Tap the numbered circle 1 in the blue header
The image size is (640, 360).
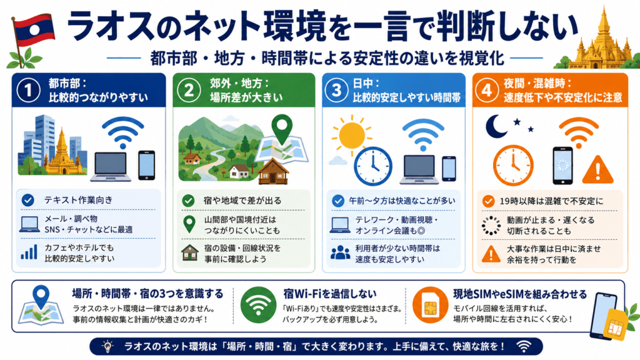click(x=28, y=90)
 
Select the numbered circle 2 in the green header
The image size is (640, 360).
click(x=189, y=90)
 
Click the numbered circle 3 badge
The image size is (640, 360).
click(x=336, y=90)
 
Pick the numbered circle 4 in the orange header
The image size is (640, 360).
click(x=487, y=90)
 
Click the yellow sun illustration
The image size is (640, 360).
click(x=351, y=134)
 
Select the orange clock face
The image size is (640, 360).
click(x=513, y=165)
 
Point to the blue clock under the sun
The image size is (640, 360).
click(x=372, y=166)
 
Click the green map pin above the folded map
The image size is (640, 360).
click(x=282, y=129)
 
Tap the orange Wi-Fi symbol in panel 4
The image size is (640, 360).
click(x=578, y=131)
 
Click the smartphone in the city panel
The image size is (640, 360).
click(x=146, y=165)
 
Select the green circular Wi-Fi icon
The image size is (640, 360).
click(x=258, y=305)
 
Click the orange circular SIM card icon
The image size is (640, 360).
click(x=430, y=305)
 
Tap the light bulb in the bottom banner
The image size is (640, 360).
click(x=107, y=346)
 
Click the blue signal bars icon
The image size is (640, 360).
click(x=29, y=252)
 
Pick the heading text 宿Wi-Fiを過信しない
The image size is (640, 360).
click(x=330, y=294)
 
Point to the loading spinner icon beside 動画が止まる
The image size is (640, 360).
click(x=491, y=225)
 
